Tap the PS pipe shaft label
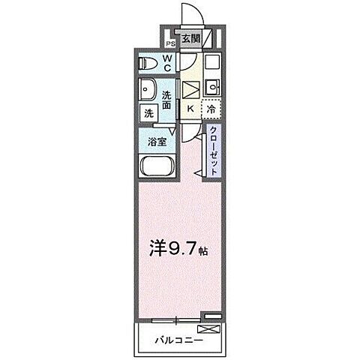169,43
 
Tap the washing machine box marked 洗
148,114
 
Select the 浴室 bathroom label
158,140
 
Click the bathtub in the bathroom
157,166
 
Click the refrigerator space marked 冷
211,109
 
